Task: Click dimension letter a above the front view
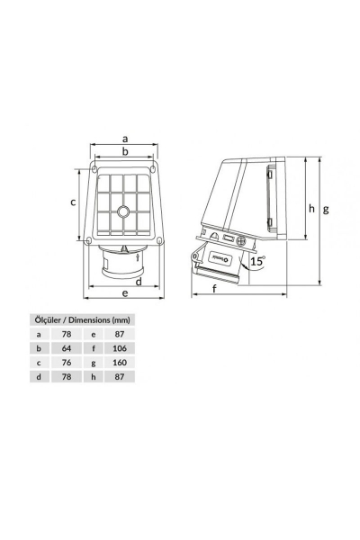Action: click(x=125, y=138)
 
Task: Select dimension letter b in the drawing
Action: click(x=125, y=154)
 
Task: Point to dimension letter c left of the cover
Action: click(x=73, y=202)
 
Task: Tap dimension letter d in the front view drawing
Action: click(x=138, y=282)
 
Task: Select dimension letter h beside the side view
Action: click(x=311, y=208)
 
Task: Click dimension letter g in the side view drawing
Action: click(x=326, y=209)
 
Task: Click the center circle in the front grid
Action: click(x=124, y=214)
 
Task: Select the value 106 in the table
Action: click(x=120, y=347)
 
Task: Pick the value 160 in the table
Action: click(x=120, y=362)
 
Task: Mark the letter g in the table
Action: click(x=93, y=362)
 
